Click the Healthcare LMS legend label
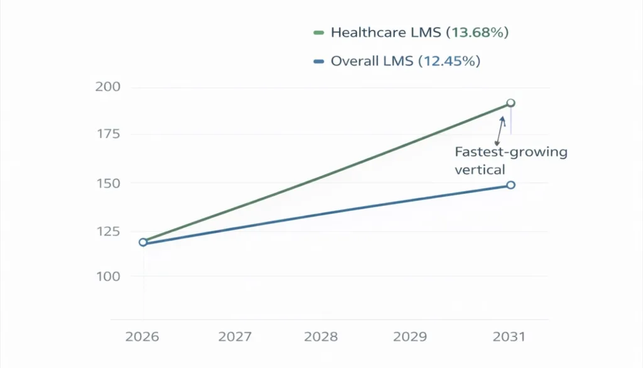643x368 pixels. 386,33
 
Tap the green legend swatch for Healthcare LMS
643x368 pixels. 318,33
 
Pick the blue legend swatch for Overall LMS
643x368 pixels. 318,62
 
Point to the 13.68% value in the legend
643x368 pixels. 477,33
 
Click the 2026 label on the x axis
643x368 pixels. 143,337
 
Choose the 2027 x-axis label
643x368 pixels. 235,337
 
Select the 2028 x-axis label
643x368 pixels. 321,337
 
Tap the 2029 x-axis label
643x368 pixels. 410,337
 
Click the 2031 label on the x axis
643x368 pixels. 509,337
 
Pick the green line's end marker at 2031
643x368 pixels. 511,103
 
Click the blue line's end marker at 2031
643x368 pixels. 511,185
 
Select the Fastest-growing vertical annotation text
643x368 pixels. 510,160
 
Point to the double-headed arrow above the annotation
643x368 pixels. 500,130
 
